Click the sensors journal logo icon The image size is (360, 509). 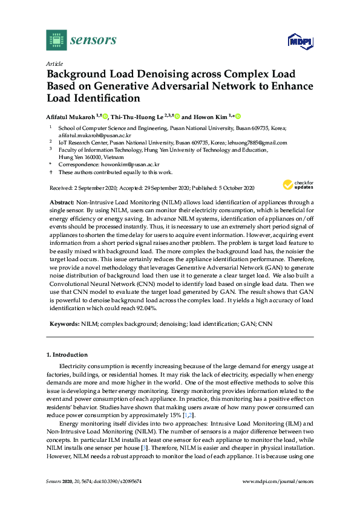56,40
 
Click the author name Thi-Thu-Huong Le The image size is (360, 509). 140,117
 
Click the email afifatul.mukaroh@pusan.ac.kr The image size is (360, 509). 90,135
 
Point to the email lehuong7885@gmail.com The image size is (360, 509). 258,143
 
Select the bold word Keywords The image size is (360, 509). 64,324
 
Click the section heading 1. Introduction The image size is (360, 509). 67,355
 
